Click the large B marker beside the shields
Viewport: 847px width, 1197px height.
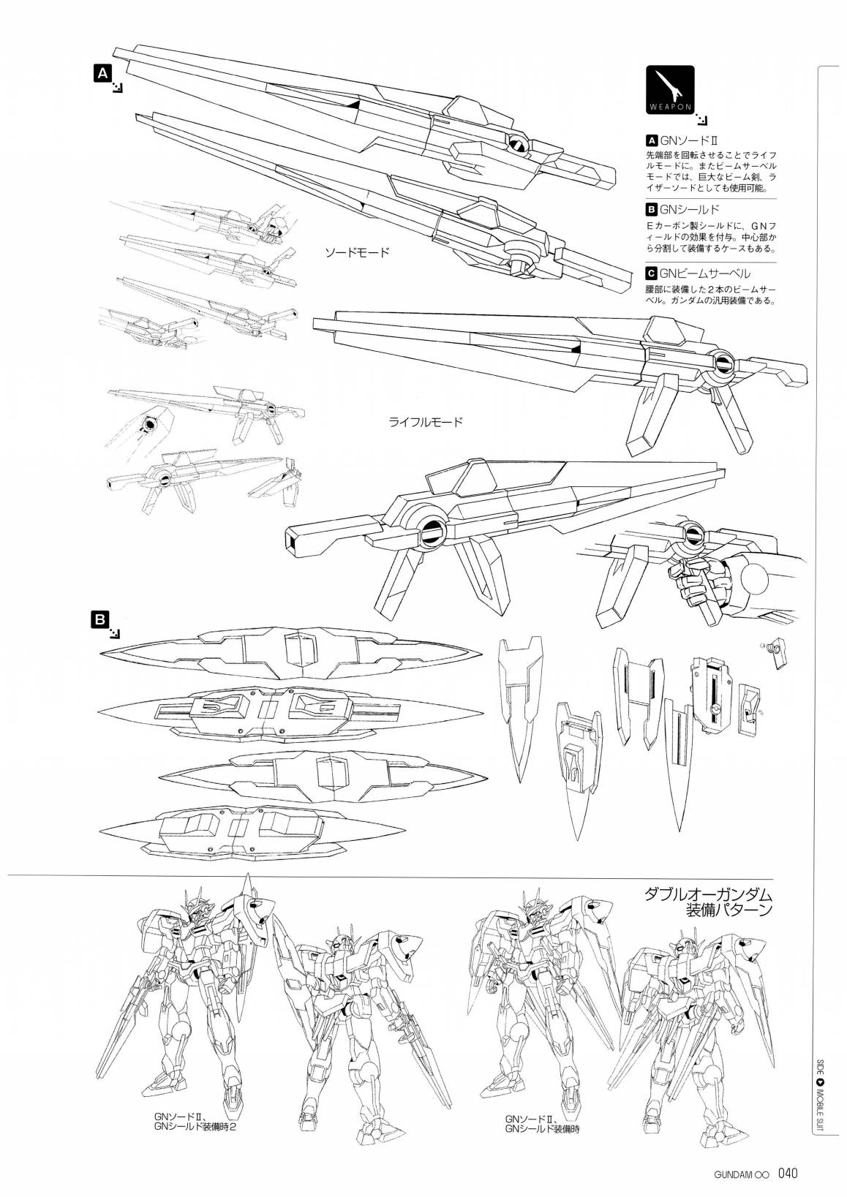pyautogui.click(x=100, y=619)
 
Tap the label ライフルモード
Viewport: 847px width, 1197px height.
pyautogui.click(x=426, y=422)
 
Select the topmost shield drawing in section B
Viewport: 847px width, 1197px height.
pyautogui.click(x=291, y=651)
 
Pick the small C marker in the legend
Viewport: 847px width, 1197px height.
pyautogui.click(x=651, y=274)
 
